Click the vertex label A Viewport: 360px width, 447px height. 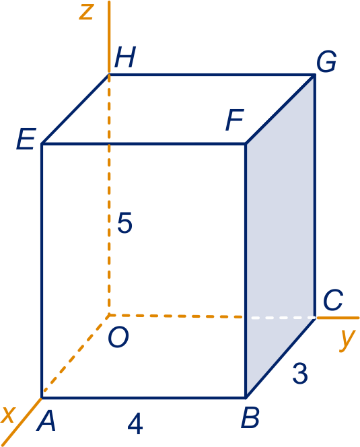pyautogui.click(x=46, y=421)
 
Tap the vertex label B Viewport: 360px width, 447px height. pyautogui.click(x=250, y=417)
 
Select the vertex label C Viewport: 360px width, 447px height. pyautogui.click(x=332, y=300)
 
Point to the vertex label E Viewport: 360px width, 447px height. pyautogui.click(x=26, y=139)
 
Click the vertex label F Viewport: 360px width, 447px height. pyautogui.click(x=235, y=120)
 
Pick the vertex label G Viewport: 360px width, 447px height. pyautogui.click(x=326, y=61)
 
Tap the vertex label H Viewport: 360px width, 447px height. pyautogui.click(x=125, y=57)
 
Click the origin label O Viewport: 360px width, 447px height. pyautogui.click(x=118, y=337)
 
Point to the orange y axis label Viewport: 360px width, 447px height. pyautogui.click(x=347, y=340)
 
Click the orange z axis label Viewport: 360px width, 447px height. pyautogui.click(x=86, y=12)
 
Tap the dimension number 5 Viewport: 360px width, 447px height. pyautogui.click(x=125, y=223)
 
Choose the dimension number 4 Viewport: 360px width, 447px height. pyautogui.click(x=135, y=425)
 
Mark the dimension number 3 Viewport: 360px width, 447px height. pyautogui.click(x=300, y=373)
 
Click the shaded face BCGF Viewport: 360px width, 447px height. pyautogui.click(x=281, y=234)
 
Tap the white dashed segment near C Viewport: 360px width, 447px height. pyautogui.click(x=281, y=317)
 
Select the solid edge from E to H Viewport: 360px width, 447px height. pyautogui.click(x=75, y=109)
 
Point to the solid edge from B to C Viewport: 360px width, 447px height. pyautogui.click(x=281, y=357)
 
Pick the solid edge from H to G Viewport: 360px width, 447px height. pyautogui.click(x=212, y=75)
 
